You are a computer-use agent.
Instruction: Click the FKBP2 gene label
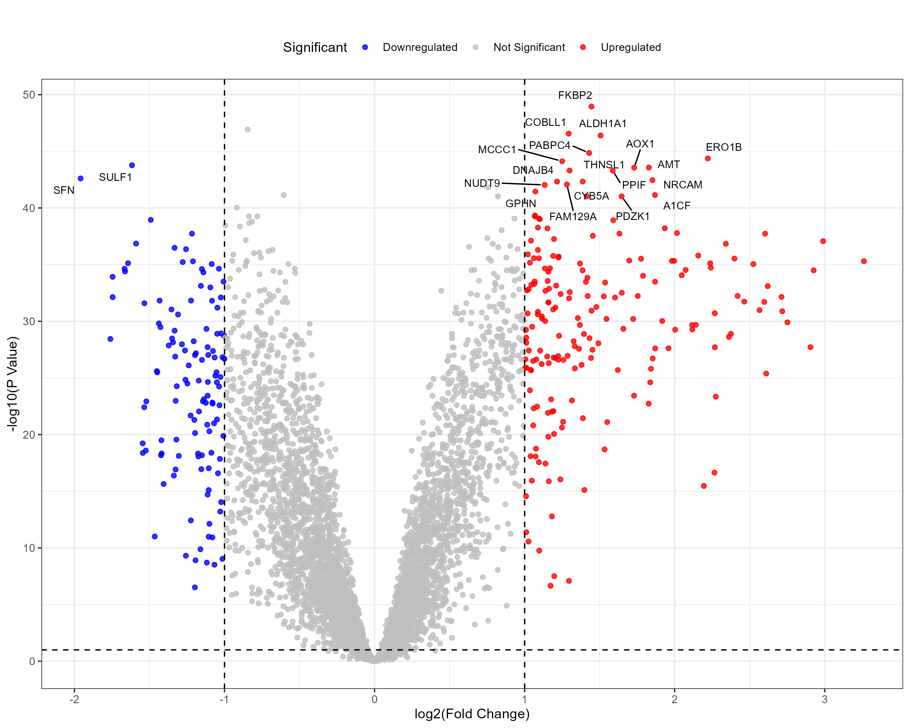tap(575, 95)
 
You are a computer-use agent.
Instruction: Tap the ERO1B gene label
tap(723, 147)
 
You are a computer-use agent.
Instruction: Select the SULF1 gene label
tap(115, 177)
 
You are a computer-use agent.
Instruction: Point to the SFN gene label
tap(64, 190)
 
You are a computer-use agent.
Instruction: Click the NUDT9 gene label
tap(482, 183)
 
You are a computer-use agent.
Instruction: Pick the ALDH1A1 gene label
tap(602, 124)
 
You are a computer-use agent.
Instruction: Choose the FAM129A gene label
tap(572, 217)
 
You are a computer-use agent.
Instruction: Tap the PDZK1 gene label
tap(632, 217)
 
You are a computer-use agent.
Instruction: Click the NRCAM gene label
tap(682, 185)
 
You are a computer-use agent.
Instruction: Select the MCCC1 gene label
tap(497, 150)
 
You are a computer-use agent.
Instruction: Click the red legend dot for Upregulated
tap(583, 47)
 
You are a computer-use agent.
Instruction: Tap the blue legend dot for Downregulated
tap(365, 47)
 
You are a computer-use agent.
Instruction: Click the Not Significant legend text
tap(529, 47)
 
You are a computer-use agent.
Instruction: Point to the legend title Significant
tap(315, 47)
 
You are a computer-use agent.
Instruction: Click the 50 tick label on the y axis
tap(29, 95)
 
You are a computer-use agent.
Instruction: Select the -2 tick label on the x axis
tap(74, 699)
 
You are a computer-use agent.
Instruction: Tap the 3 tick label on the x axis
tap(824, 699)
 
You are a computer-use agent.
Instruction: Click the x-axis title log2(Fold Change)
tap(472, 714)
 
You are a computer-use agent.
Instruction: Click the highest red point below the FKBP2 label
tap(591, 107)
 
